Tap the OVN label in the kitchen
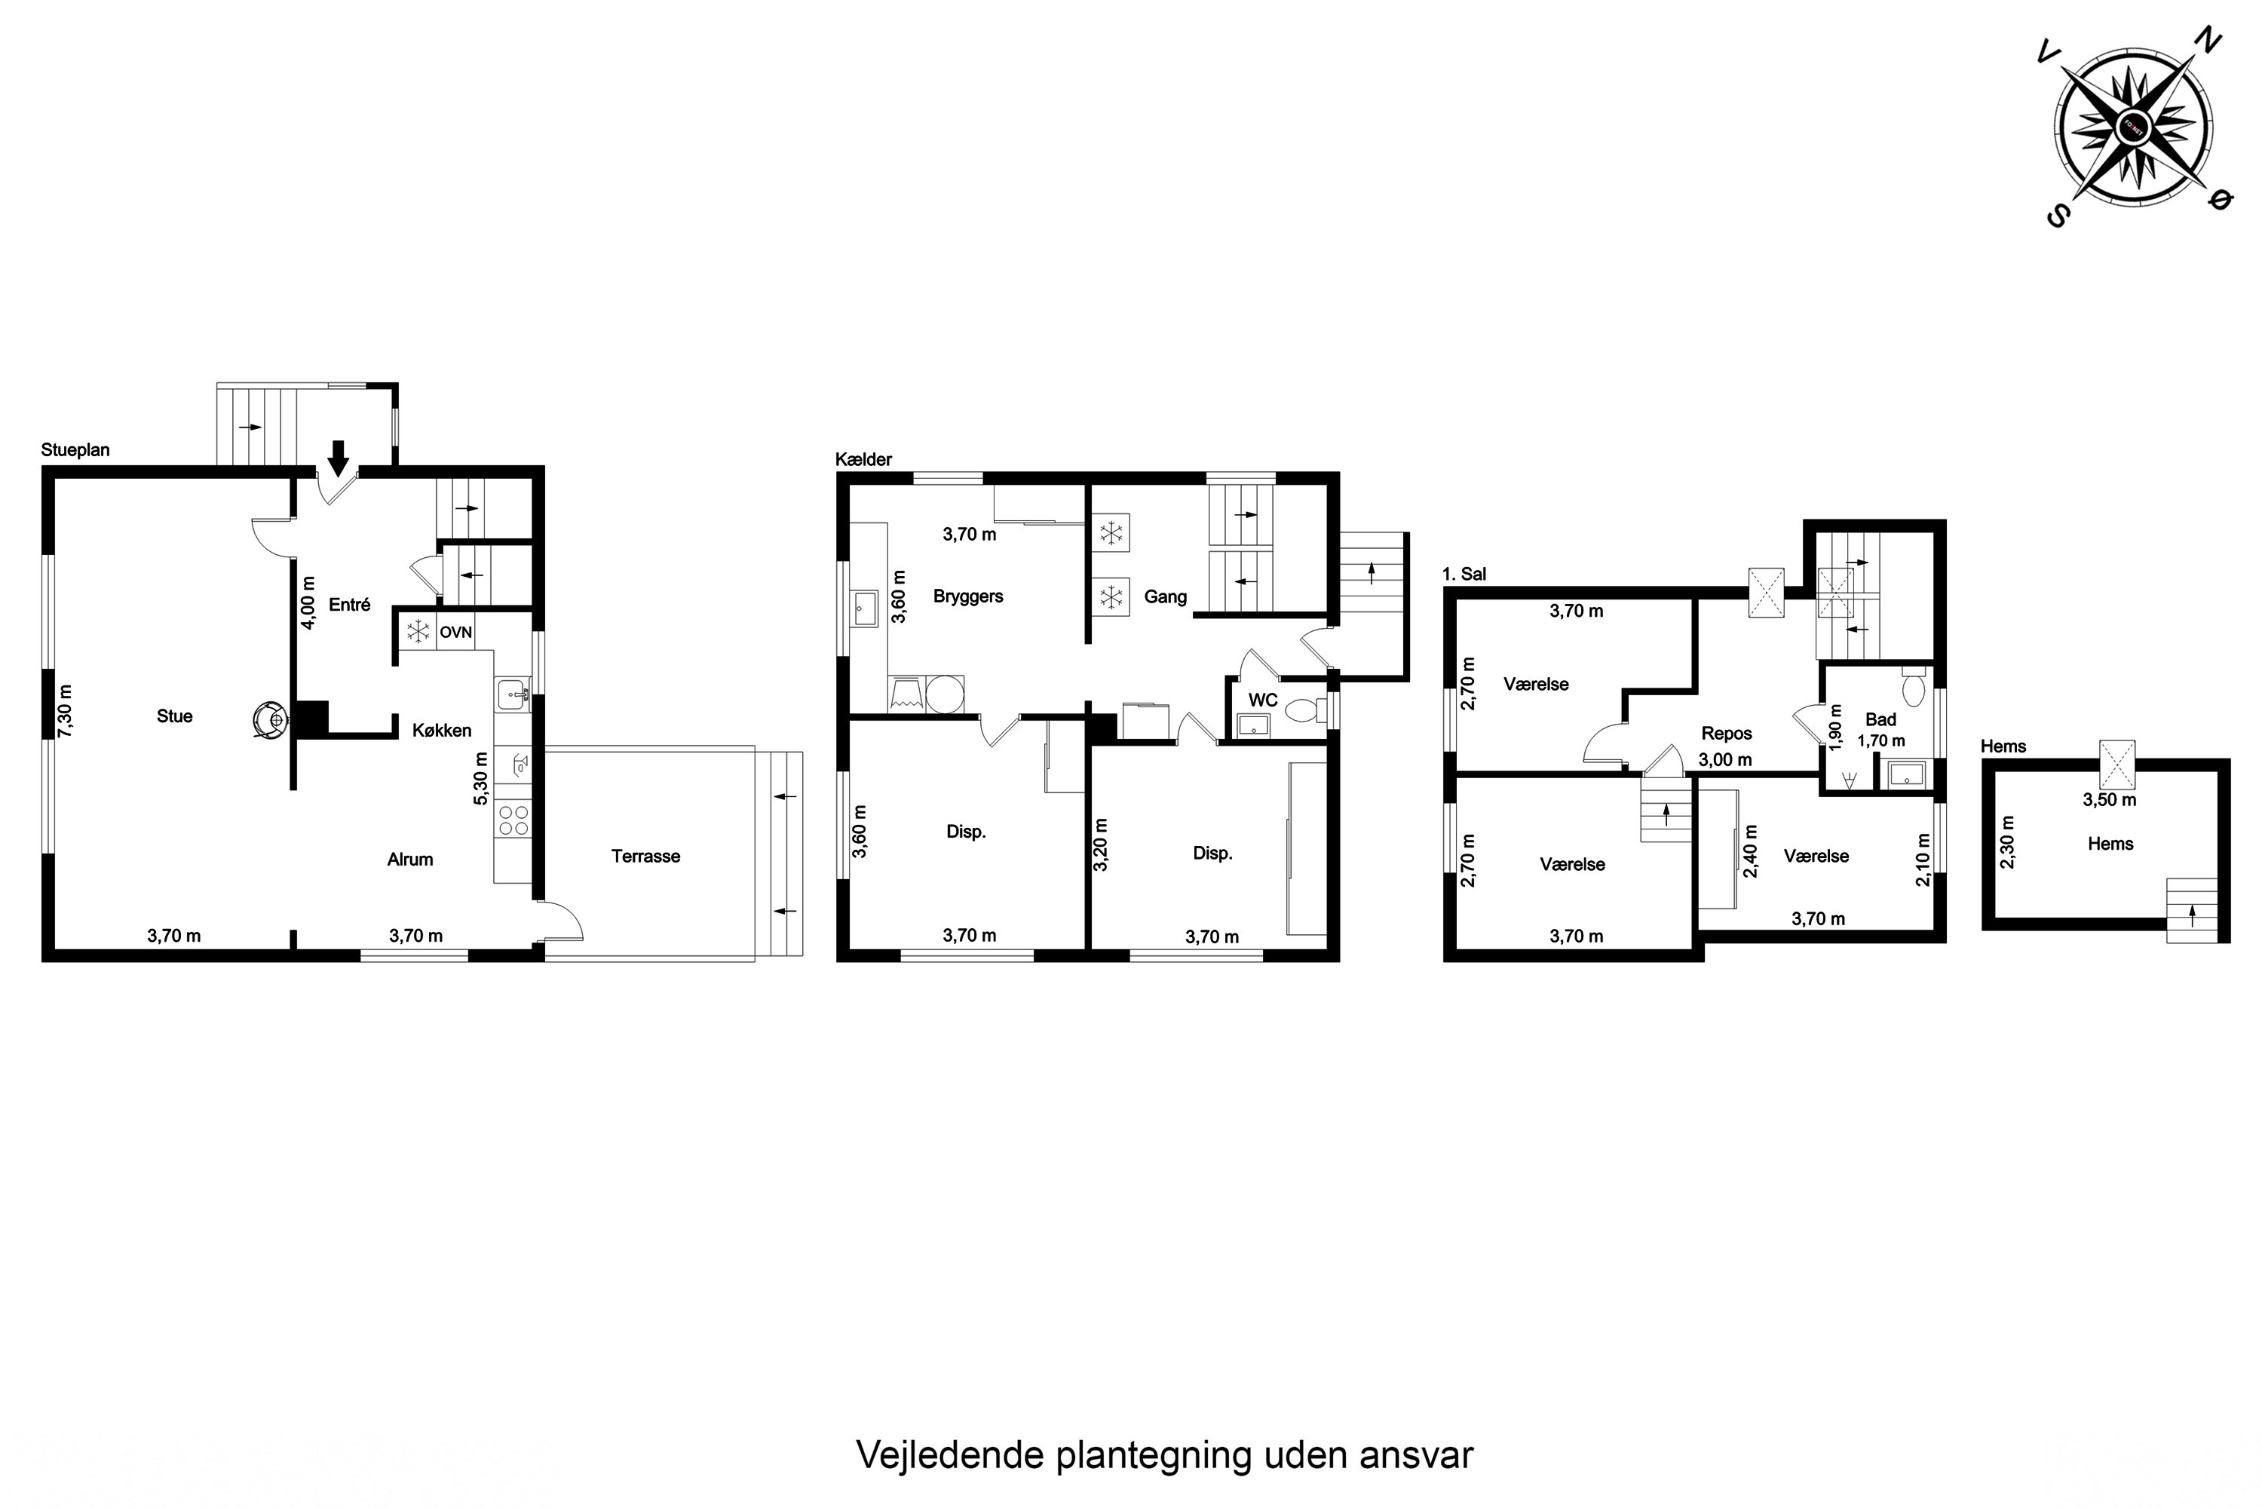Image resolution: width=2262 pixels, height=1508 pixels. [x=456, y=633]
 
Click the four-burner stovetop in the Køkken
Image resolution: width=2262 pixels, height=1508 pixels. [x=513, y=820]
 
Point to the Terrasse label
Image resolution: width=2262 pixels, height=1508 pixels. [x=645, y=856]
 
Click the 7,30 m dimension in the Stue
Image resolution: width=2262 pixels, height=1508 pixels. [x=64, y=712]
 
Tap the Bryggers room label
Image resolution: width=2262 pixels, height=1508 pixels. [x=967, y=596]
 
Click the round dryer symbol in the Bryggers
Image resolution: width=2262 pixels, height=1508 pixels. [x=945, y=694]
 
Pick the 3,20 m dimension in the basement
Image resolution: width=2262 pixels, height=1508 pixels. [x=1101, y=844]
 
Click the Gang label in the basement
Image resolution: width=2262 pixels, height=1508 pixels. [x=1165, y=597]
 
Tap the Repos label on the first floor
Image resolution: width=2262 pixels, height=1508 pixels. [x=1727, y=733]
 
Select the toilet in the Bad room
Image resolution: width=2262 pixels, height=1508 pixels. [x=1913, y=688]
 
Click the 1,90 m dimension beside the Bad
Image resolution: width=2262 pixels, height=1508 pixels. [x=1835, y=727]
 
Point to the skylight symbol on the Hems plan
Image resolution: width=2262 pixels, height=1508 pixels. [x=2116, y=765]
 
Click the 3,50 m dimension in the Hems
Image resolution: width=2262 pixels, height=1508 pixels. [x=2109, y=799]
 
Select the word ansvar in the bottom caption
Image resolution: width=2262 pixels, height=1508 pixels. [x=1416, y=1455]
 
